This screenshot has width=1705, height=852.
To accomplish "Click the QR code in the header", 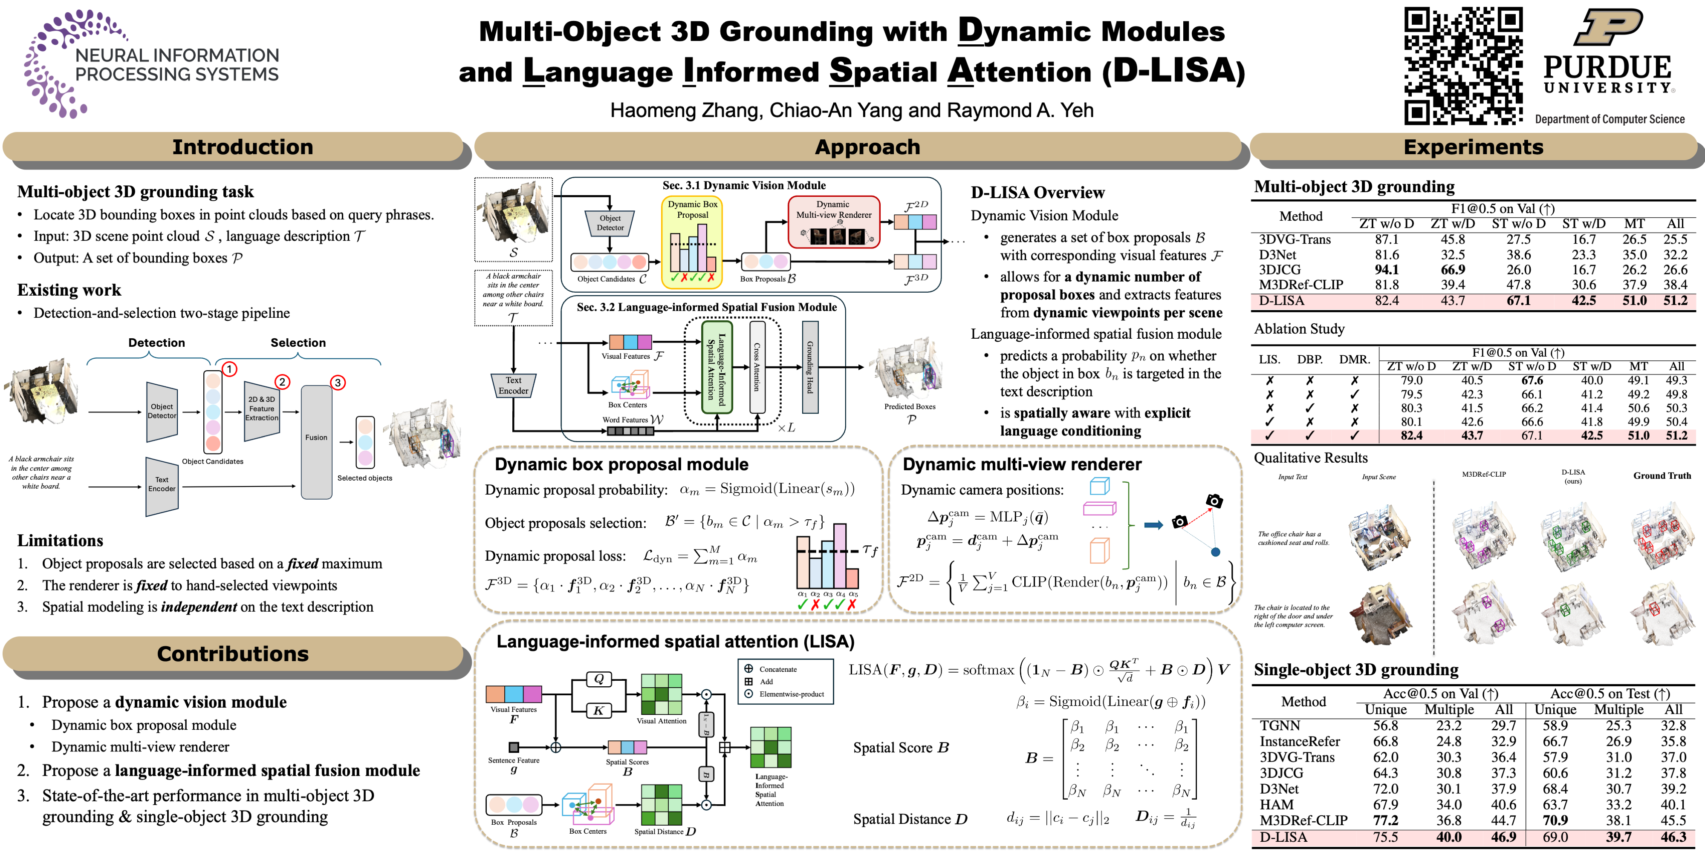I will tap(1463, 66).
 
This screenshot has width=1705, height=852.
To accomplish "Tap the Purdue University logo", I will tap(1608, 53).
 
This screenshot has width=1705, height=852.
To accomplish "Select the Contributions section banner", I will tap(233, 653).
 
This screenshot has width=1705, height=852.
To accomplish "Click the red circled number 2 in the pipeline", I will tap(282, 382).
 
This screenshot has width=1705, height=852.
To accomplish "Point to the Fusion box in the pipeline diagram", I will tap(316, 440).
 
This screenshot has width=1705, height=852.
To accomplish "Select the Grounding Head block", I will tap(809, 367).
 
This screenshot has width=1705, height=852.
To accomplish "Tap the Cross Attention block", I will tap(757, 367).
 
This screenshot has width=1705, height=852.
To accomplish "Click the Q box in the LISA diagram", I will tap(598, 679).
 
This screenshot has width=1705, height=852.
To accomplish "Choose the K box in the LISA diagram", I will tap(598, 711).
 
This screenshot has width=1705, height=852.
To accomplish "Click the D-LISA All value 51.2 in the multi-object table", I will tap(1675, 300).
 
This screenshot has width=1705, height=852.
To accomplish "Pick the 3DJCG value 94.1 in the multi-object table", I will tap(1386, 269).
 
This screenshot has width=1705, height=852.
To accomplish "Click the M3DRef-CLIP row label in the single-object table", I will tap(1303, 820).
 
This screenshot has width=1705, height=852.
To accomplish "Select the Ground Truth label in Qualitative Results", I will tap(1662, 475).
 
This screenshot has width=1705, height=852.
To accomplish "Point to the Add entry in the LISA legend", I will tap(766, 681).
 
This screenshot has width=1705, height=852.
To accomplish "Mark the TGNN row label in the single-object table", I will tap(1280, 725).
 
